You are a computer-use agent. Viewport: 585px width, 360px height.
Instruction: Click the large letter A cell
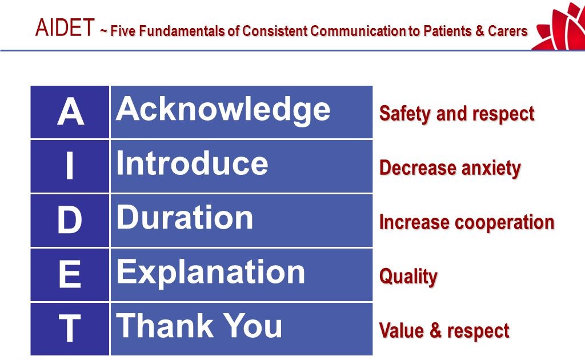70,113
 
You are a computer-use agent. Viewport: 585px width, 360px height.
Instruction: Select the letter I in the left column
70,166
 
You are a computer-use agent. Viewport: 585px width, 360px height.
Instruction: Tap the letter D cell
70,221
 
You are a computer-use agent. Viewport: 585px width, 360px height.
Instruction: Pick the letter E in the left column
70,275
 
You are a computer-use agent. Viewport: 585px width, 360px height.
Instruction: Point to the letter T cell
70,329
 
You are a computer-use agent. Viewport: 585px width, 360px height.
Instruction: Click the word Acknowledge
223,109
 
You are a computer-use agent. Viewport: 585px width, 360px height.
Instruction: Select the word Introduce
192,163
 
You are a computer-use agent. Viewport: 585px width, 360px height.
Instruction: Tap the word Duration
185,217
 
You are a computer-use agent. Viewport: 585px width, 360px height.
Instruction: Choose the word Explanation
210,271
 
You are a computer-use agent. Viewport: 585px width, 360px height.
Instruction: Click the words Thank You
199,326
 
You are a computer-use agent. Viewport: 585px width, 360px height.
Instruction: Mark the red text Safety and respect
456,113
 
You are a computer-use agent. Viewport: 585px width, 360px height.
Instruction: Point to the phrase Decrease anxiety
450,168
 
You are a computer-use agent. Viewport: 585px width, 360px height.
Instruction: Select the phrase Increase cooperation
467,222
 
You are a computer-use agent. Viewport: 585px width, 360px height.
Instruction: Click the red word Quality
408,277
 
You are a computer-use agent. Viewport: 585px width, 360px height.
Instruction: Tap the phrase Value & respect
444,331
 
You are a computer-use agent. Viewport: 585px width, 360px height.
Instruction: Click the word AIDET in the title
64,28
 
